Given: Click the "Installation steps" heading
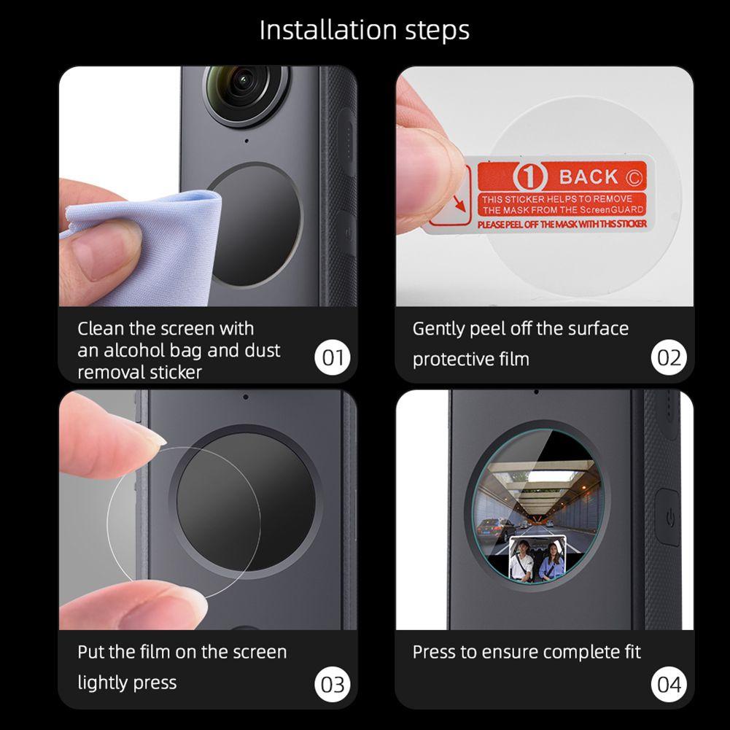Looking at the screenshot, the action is [365, 31].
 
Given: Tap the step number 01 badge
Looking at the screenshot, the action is [333, 357].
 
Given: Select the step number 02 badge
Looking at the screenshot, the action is [669, 357].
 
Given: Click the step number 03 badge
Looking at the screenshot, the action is [333, 684].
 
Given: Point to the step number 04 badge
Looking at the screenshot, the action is [669, 684].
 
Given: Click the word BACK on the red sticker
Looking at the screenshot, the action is [589, 177].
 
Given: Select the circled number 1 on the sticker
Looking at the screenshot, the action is [530, 177].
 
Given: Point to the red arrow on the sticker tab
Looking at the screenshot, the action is [459, 203].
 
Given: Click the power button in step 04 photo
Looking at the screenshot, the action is [669, 517].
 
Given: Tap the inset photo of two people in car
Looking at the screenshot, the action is [537, 559].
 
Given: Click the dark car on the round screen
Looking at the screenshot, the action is [497, 529].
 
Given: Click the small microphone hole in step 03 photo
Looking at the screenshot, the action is [245, 397].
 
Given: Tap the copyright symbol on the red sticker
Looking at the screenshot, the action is [634, 177].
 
